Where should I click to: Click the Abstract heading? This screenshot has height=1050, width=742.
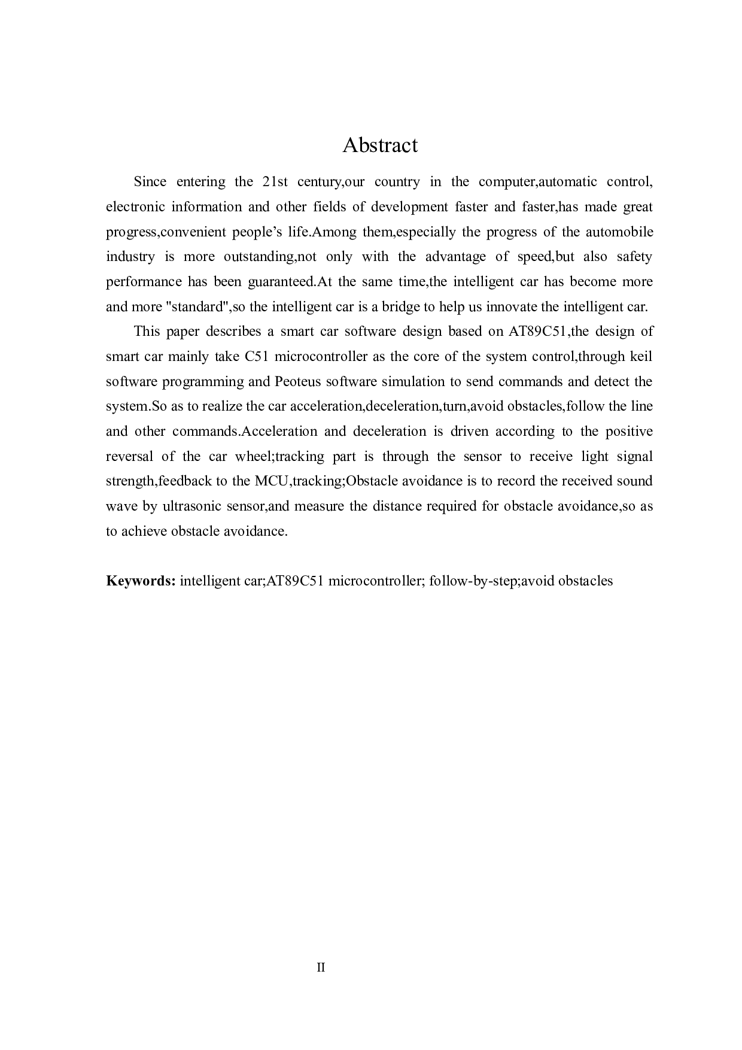(379, 145)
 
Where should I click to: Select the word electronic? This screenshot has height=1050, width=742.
(134, 207)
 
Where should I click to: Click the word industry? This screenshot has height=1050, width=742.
(130, 257)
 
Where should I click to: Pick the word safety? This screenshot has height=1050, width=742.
(634, 257)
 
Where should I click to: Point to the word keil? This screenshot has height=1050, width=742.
(641, 357)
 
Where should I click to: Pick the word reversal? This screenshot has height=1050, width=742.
(129, 457)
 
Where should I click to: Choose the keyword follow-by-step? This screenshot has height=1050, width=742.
(473, 581)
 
